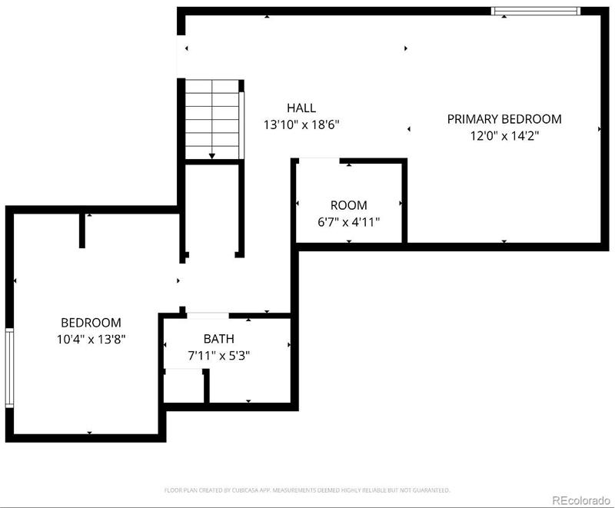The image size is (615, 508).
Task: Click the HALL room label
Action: [301, 108]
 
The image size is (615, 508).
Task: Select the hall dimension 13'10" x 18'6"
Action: [301, 124]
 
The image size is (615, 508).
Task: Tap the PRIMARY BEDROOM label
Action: [504, 119]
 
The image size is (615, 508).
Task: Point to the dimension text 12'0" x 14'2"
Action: [504, 135]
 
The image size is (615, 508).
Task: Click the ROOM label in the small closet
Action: [348, 205]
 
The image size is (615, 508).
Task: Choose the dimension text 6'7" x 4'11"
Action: [348, 221]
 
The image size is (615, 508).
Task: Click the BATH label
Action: [219, 339]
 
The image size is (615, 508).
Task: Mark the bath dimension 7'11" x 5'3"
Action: [219, 356]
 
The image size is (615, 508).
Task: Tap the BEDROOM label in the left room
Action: [91, 323]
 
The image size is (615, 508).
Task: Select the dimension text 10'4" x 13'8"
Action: [91, 339]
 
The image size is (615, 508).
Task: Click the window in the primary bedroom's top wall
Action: [535, 11]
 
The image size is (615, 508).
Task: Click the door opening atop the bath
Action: [208, 315]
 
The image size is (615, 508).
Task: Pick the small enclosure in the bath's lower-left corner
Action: [184, 385]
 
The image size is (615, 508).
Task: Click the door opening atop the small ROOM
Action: [318, 160]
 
